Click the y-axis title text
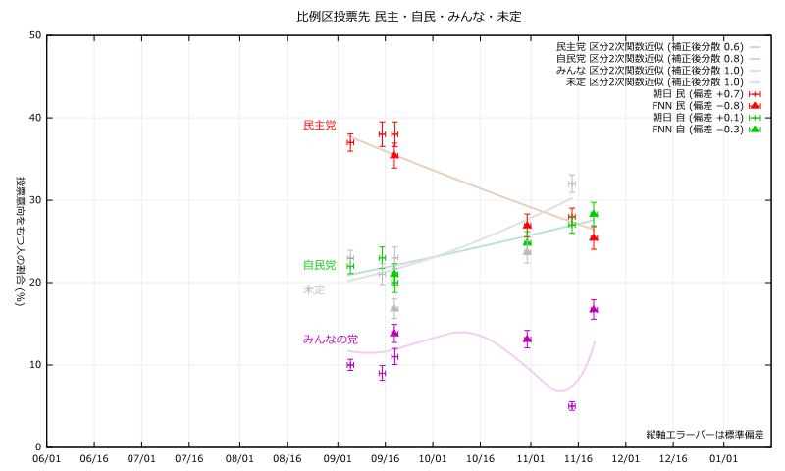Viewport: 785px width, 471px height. (20, 241)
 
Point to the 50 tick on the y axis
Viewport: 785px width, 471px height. (35, 35)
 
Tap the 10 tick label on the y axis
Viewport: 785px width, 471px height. (35, 365)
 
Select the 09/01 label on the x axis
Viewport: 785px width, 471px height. (337, 458)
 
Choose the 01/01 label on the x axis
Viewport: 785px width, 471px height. (723, 458)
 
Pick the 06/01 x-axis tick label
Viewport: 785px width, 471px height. (46, 458)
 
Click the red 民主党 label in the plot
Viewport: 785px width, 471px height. (319, 126)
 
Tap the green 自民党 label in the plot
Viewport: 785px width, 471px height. (319, 265)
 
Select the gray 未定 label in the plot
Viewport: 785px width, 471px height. (314, 289)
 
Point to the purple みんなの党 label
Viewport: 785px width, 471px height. (330, 339)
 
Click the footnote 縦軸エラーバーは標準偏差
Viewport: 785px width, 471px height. (705, 434)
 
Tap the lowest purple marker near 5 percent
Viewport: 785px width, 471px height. (571, 406)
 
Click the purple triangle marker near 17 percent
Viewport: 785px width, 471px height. (594, 310)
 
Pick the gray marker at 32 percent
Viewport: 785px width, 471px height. (571, 183)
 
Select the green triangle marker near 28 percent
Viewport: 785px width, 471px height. (594, 214)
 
